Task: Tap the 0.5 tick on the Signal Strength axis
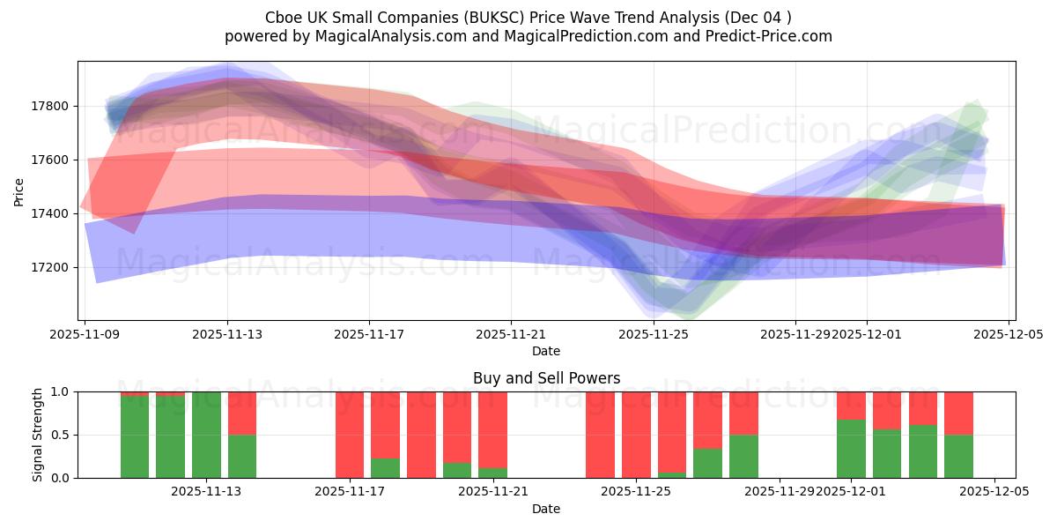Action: coord(62,435)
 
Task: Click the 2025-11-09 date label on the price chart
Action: coord(85,335)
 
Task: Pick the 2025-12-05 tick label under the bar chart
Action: coord(994,492)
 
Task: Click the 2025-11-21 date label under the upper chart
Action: coord(511,335)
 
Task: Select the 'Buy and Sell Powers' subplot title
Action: coord(546,378)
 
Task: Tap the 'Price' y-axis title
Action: coord(19,190)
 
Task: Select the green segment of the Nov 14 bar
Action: coord(242,456)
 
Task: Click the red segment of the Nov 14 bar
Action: coord(242,413)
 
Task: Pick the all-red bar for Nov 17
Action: coord(350,435)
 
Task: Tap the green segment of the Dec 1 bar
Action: coord(851,449)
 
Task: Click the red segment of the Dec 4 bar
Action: coord(958,413)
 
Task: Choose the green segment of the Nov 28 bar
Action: coord(743,456)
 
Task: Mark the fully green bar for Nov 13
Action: coord(206,435)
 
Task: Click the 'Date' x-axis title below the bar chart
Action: coord(546,509)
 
